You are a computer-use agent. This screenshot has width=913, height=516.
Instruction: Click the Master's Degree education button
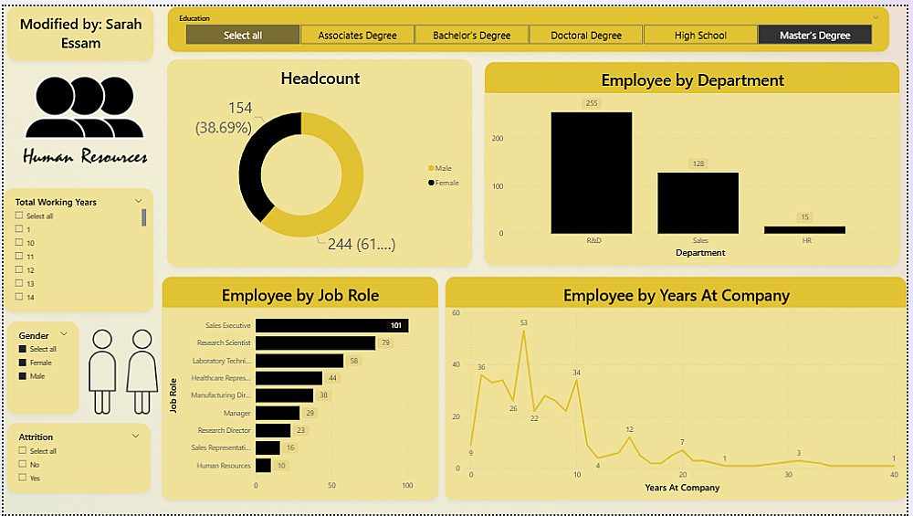click(814, 35)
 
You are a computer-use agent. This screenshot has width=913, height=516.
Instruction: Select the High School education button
click(700, 35)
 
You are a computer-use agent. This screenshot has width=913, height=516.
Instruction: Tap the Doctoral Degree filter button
click(586, 35)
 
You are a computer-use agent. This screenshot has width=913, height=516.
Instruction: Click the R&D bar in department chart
click(591, 173)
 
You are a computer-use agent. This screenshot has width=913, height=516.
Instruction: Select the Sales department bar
click(698, 203)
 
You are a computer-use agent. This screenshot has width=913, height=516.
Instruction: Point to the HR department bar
click(805, 229)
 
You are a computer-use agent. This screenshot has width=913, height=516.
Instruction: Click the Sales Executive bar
click(331, 326)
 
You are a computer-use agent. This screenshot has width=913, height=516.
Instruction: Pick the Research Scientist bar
click(315, 343)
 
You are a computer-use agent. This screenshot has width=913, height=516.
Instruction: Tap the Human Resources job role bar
click(263, 466)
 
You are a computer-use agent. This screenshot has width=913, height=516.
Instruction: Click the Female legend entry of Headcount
click(445, 183)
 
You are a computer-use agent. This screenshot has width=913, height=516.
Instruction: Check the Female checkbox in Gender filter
click(22, 363)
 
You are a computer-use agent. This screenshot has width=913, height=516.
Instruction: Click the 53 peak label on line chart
click(523, 322)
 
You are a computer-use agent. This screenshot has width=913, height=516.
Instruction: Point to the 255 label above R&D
click(591, 103)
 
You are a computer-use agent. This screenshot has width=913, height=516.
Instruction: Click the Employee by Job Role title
click(300, 295)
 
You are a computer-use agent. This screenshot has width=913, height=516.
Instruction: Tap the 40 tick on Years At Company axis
click(894, 475)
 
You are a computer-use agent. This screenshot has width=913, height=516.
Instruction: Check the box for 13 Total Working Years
click(19, 283)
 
